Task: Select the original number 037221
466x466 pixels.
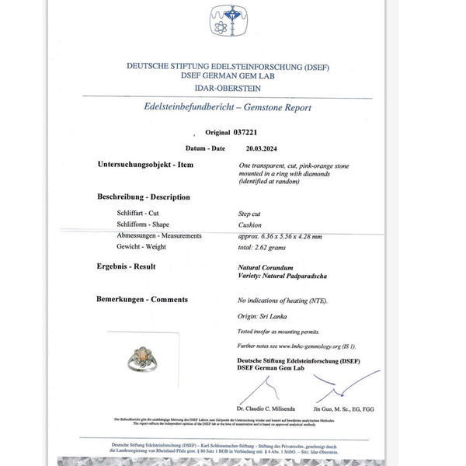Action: coord(253,134)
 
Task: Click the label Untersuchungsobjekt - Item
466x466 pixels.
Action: coord(145,165)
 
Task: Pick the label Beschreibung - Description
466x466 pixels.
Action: coord(144,197)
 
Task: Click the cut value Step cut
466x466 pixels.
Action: coord(250,211)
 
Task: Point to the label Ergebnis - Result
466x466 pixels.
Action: coord(127,266)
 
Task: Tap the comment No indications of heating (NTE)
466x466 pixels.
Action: coord(283,300)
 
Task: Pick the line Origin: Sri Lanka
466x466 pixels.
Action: coord(260,317)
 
